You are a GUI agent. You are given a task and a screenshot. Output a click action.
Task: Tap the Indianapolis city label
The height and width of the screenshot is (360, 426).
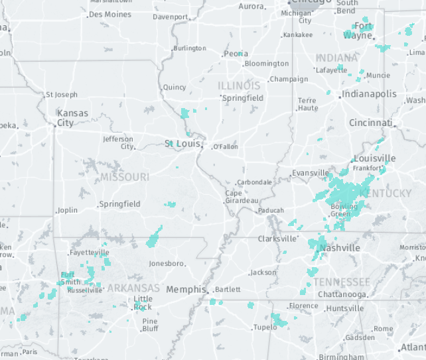coord(369,94)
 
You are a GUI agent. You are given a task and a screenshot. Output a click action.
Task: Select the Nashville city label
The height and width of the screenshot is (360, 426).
coord(340,248)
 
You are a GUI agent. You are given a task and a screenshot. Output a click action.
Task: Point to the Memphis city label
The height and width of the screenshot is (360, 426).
coord(186,289)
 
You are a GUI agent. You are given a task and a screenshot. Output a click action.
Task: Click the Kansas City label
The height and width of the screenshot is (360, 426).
coord(72,118)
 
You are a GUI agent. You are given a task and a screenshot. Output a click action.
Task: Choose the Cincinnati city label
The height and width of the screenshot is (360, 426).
coord(370,123)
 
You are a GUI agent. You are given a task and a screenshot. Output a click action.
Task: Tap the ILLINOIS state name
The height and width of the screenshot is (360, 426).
coord(239,86)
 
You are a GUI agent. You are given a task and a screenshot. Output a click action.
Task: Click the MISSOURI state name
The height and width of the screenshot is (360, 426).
coord(125,177)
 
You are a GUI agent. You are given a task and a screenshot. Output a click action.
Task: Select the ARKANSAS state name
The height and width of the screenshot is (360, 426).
coord(133,288)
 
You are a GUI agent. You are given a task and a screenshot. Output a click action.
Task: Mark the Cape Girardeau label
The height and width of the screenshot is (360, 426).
coord(242,197)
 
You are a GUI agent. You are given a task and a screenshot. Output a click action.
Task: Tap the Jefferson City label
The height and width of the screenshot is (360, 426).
coord(118,143)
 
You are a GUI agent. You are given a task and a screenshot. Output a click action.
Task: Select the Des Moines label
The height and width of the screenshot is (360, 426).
coord(109,14)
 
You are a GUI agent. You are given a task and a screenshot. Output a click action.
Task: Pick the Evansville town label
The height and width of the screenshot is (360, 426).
coord(311,173)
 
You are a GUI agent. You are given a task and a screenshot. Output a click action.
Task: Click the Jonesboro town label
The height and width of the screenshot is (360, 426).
coord(166,263)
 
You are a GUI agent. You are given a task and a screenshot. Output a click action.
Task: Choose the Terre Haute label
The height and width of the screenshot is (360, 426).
coord(308,104)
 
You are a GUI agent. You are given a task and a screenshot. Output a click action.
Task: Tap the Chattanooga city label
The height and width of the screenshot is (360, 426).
coord(342,294)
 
